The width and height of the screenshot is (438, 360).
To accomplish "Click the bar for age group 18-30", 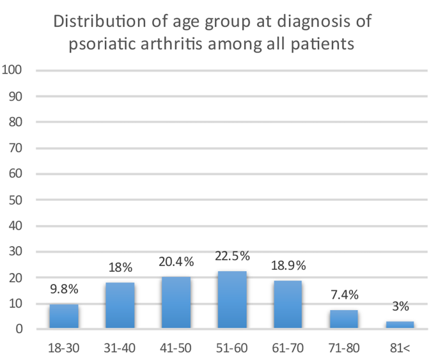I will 64,317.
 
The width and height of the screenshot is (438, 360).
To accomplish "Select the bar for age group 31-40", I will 120,306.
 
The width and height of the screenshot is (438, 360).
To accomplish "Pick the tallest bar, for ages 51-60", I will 232,300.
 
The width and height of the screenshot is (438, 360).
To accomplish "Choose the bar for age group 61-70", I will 288,304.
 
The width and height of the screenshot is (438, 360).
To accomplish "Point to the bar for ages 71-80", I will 344,320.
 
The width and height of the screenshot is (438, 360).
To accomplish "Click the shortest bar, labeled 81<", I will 400,325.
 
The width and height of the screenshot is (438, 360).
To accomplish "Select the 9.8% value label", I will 64,290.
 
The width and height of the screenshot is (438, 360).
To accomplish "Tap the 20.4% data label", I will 176,262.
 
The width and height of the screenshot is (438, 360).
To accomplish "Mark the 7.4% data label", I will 344,296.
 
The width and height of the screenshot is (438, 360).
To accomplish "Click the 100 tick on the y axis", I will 13,70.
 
